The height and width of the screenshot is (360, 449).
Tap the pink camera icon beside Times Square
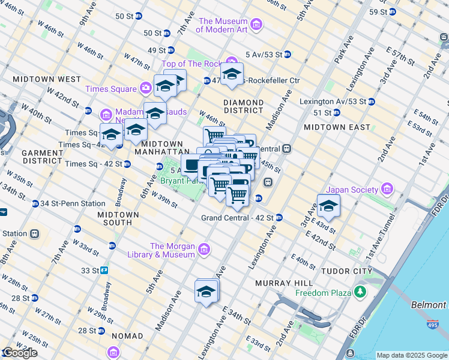(145, 89)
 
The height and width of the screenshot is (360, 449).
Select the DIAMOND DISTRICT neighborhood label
(243, 106)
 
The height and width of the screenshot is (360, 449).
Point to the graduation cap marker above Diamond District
(231, 75)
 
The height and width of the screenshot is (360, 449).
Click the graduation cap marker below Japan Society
(328, 207)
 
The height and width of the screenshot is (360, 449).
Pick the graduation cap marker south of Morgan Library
(206, 292)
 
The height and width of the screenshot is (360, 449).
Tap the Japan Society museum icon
(387, 190)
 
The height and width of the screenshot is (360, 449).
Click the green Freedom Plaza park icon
(360, 293)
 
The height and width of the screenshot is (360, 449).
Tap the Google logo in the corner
(19, 353)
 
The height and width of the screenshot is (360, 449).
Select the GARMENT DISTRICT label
(43, 157)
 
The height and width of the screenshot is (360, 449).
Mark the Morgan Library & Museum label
(172, 250)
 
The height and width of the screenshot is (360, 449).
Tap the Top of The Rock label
(192, 64)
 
